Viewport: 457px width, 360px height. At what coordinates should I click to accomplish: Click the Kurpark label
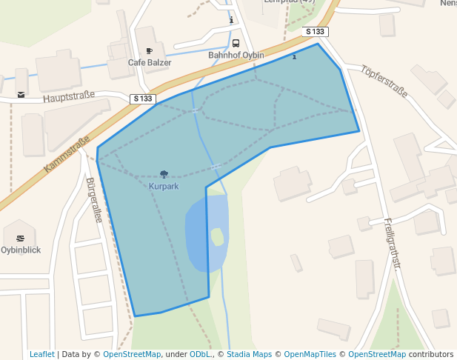point(164,187)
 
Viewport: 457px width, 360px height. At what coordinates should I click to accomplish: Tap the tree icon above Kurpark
point(164,175)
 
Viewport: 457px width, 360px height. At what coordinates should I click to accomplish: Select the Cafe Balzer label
point(150,63)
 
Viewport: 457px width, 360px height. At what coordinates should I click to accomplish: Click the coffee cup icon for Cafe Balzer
point(150,51)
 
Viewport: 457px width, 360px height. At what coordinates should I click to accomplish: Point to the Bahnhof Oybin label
point(236,56)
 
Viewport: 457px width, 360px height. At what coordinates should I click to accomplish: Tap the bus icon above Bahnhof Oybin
point(236,43)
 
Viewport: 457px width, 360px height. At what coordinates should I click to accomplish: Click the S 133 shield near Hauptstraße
point(143,99)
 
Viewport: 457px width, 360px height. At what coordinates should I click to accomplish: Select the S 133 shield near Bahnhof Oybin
point(316,32)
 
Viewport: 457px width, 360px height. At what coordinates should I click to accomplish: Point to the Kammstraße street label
point(67,154)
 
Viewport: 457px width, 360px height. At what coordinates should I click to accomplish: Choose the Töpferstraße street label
point(384,82)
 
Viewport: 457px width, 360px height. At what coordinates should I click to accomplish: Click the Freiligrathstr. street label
point(391,244)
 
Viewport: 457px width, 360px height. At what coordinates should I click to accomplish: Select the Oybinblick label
point(20,250)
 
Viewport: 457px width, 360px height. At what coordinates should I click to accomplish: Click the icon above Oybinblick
point(20,238)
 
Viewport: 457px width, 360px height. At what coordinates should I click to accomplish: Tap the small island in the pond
point(217,236)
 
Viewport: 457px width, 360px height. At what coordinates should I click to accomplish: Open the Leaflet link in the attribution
point(41,355)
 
